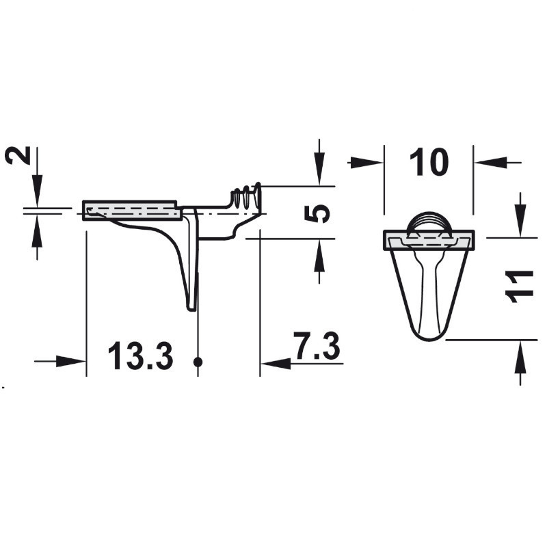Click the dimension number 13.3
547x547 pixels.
[x=140, y=356]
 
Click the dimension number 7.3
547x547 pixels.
[x=317, y=346]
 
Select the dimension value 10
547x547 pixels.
[x=429, y=162]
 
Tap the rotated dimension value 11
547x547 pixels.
[x=520, y=286]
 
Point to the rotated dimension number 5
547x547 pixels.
[x=317, y=213]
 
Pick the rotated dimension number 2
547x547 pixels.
[x=18, y=155]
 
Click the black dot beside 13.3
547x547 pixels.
[x=198, y=362]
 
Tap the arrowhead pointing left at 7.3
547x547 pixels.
[x=276, y=364]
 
